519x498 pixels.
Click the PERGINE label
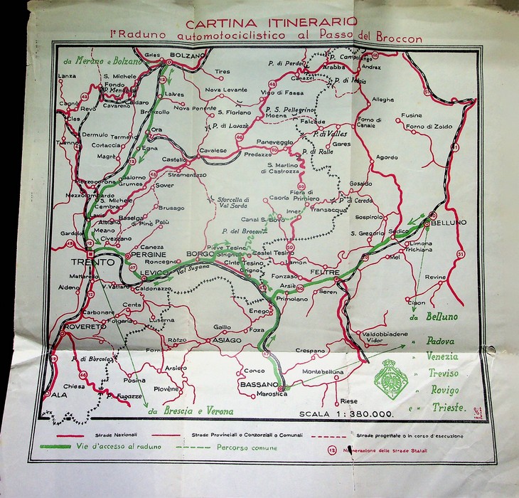point(148,254)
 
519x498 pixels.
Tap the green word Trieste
point(448,408)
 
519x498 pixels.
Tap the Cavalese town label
point(213,150)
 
